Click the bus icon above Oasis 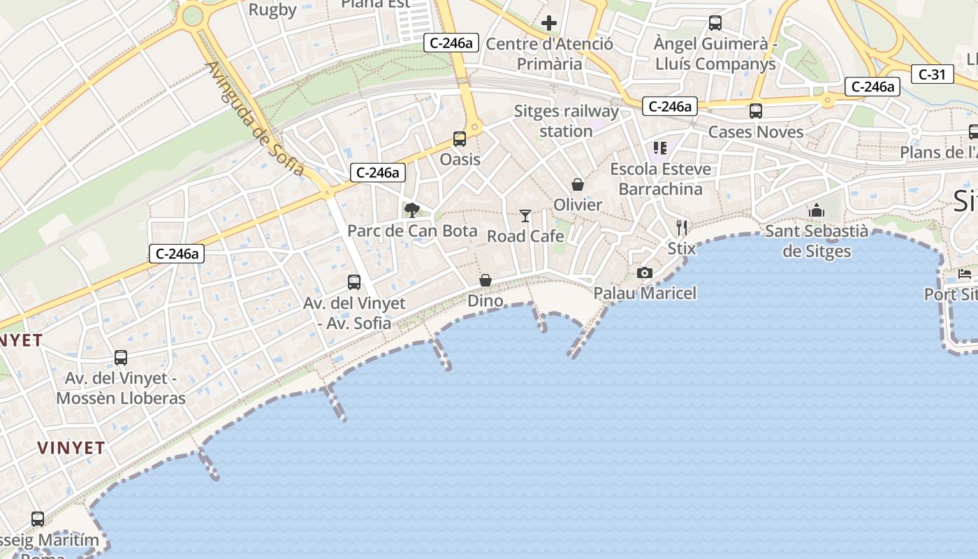click(x=459, y=139)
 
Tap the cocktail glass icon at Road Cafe click(x=525, y=216)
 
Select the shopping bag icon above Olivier click(x=578, y=184)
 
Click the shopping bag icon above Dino click(x=485, y=280)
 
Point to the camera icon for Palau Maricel click(x=644, y=273)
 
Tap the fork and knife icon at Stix click(x=682, y=227)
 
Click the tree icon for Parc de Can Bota click(x=412, y=210)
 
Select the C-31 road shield click(x=932, y=74)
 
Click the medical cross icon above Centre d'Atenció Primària click(x=549, y=23)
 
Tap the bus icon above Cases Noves click(x=755, y=111)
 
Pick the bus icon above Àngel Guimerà click(x=715, y=23)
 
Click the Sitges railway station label click(x=567, y=121)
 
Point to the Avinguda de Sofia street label click(x=255, y=119)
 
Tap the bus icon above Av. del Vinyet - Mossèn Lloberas click(x=121, y=358)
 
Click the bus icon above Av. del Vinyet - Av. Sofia click(x=354, y=282)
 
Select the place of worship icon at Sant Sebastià click(x=817, y=210)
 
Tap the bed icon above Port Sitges click(x=965, y=274)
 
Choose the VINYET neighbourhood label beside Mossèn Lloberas click(x=71, y=448)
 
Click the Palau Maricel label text click(x=645, y=293)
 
